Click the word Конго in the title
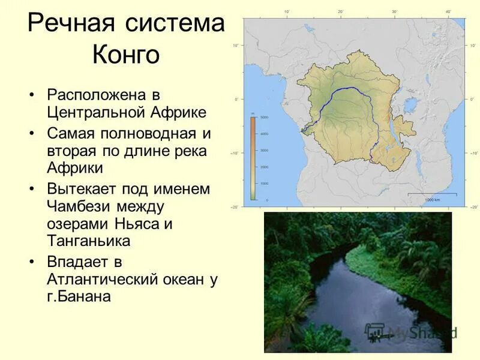(126, 55)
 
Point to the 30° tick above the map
(394, 12)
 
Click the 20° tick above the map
(340, 12)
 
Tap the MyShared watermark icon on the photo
(375, 332)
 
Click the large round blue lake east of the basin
(412, 107)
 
